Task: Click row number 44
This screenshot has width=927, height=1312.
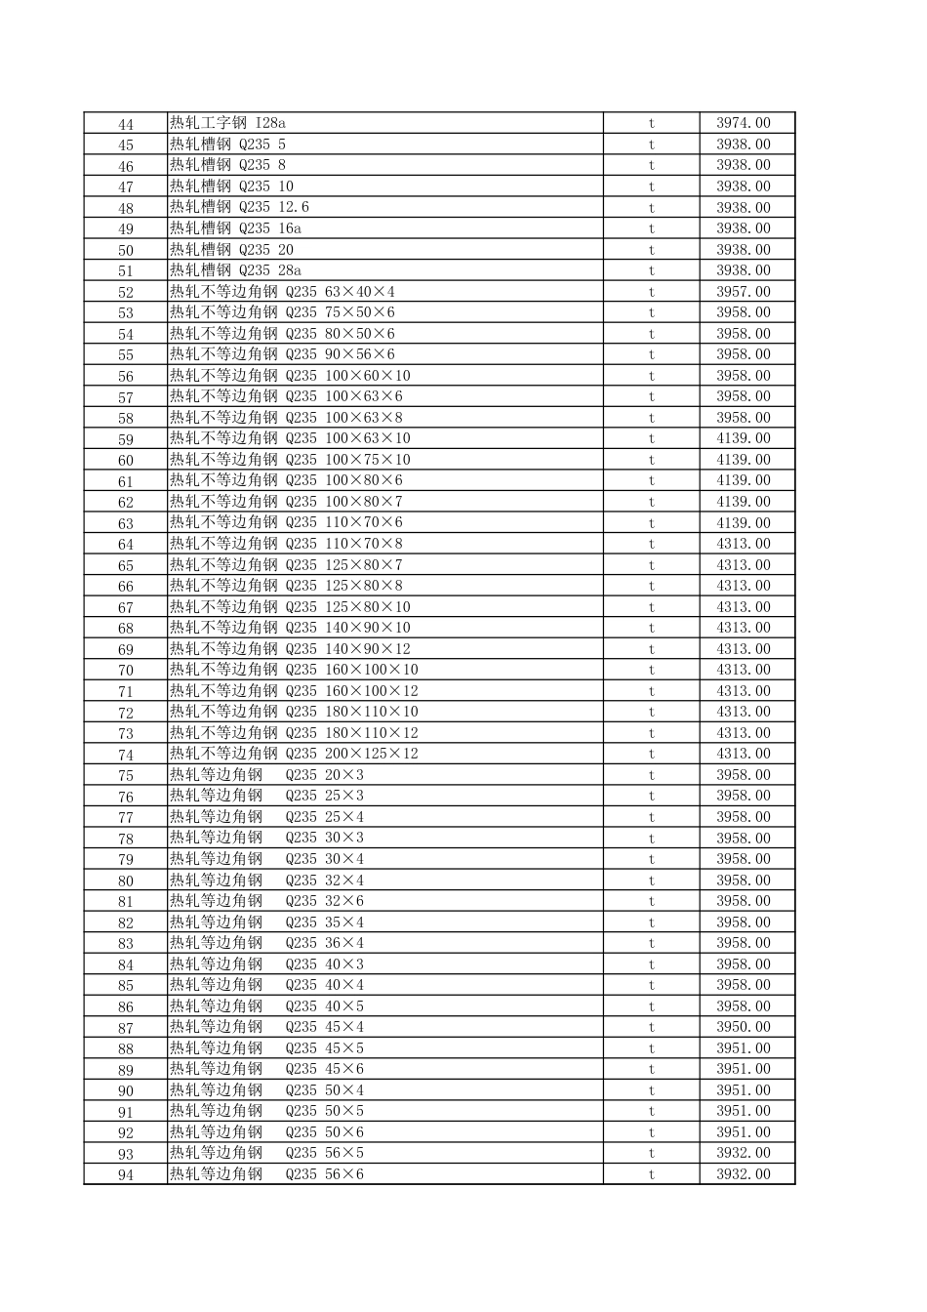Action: tap(125, 124)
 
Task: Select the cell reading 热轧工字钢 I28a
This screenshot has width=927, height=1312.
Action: tap(227, 123)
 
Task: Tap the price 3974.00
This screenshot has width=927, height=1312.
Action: tap(744, 123)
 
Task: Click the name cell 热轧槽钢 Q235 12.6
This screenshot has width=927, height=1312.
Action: tap(239, 207)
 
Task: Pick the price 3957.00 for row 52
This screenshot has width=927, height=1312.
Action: tap(744, 292)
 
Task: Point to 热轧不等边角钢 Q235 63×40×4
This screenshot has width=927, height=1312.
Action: tap(282, 292)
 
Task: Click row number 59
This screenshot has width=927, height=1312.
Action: tap(125, 439)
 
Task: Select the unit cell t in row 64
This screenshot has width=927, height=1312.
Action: tap(651, 544)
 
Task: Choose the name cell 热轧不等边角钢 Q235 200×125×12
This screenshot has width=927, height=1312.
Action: tap(294, 754)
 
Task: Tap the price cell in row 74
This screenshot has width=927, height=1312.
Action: tap(744, 754)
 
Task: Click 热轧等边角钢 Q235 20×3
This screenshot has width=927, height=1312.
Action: tap(266, 775)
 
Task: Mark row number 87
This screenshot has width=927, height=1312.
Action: tap(125, 1028)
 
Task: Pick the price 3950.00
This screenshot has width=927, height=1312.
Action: tap(744, 1027)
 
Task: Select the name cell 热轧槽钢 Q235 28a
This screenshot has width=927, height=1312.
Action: tap(235, 270)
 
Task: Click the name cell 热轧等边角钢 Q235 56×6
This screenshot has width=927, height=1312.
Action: tap(266, 1174)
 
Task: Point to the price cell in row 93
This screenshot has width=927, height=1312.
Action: tap(744, 1153)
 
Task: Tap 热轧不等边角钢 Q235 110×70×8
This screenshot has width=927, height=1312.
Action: tap(286, 544)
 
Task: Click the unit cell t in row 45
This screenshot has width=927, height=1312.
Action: tap(651, 144)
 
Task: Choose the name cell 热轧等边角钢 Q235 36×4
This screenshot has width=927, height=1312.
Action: tap(266, 943)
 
